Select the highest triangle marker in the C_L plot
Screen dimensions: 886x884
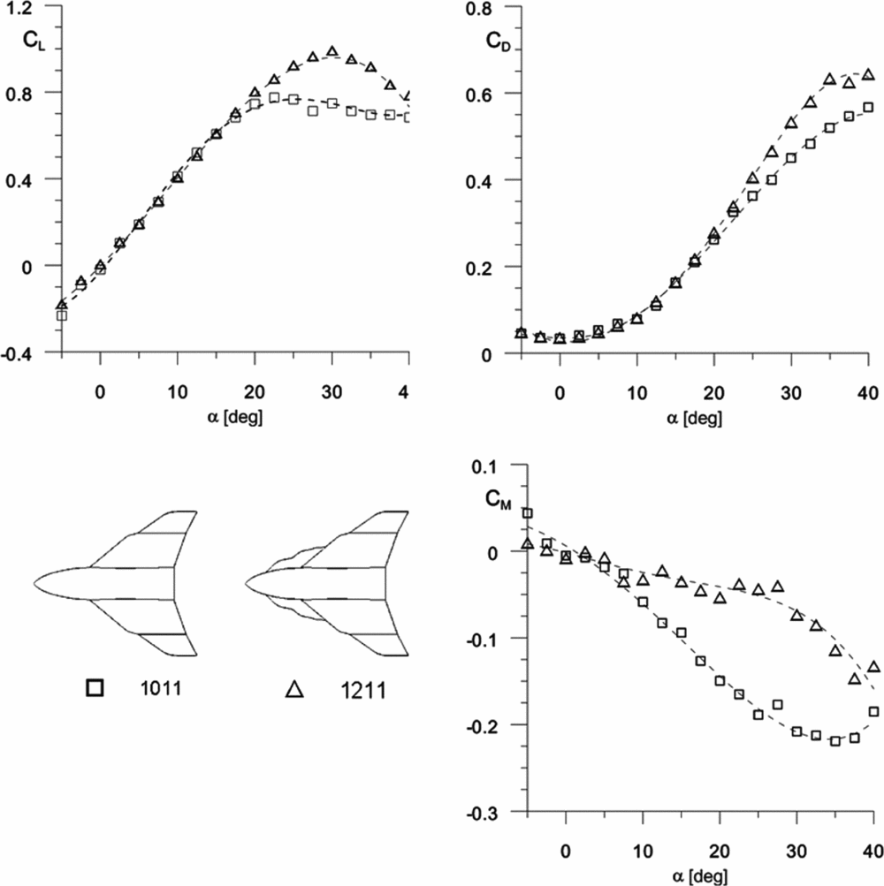coord(332,51)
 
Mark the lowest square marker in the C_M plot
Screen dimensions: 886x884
coord(834,740)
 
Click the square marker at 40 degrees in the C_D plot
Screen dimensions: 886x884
coord(868,107)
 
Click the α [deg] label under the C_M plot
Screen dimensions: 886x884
coord(697,875)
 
